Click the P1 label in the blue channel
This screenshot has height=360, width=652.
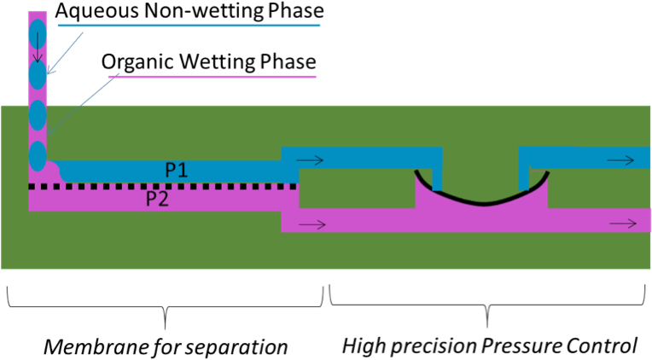tap(177, 170)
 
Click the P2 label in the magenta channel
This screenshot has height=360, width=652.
tap(156, 200)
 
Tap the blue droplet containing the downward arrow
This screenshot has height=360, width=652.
tap(38, 35)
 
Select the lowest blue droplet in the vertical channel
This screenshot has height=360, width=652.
tap(38, 156)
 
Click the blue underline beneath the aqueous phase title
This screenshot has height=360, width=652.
tap(189, 26)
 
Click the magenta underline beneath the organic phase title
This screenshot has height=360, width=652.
tap(212, 75)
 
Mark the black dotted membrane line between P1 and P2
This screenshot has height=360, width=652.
tap(162, 185)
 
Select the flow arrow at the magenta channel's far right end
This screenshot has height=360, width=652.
tap(622, 224)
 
